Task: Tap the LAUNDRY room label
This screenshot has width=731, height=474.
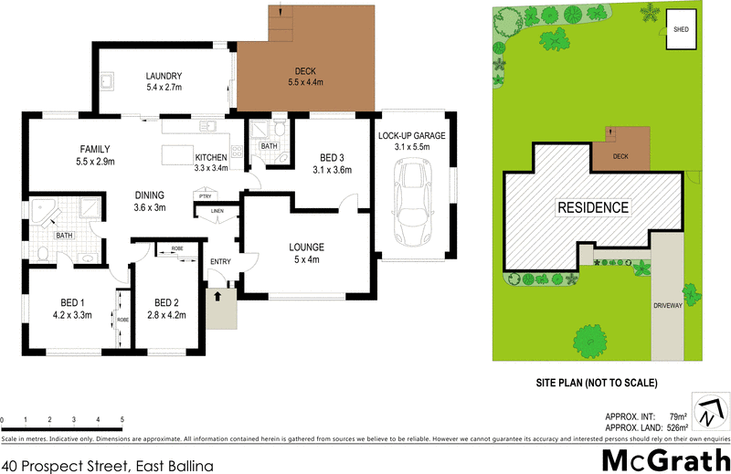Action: (164, 77)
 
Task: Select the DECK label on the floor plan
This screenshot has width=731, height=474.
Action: (304, 71)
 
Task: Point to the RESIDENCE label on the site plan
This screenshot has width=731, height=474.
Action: (593, 207)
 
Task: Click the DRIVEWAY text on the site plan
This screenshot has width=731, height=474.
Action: (668, 305)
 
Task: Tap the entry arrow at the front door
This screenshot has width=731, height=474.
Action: (218, 296)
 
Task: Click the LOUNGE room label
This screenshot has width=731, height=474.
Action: (307, 248)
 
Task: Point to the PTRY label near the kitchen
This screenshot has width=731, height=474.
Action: (206, 195)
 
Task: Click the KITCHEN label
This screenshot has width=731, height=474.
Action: (210, 157)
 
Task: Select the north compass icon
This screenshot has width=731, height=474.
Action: (709, 413)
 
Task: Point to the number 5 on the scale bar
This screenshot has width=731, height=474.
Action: (122, 420)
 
